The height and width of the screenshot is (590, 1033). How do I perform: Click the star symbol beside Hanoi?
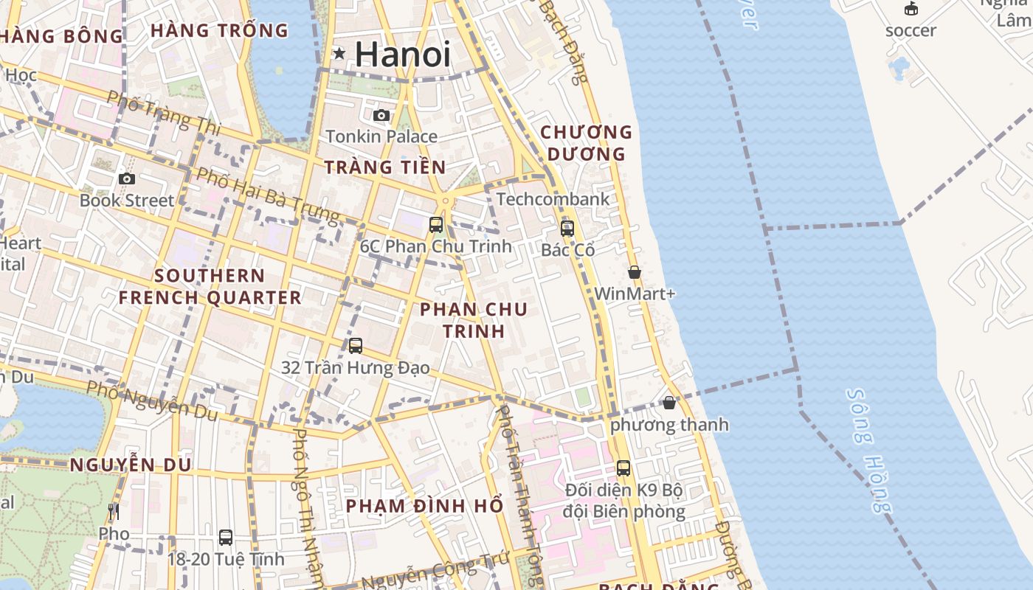tap(339, 53)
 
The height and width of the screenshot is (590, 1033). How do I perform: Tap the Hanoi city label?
tap(402, 55)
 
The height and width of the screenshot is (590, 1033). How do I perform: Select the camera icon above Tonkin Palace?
tap(381, 115)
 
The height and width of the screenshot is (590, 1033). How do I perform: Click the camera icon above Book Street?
tap(127, 178)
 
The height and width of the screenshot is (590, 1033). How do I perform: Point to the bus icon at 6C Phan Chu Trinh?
tap(436, 224)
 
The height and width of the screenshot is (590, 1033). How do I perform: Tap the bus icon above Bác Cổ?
tap(567, 229)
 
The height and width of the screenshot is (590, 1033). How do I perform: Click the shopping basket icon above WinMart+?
tap(634, 272)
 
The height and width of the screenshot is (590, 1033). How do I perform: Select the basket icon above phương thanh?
tap(669, 403)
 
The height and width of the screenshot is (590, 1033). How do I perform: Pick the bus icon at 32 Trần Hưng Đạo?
tap(356, 345)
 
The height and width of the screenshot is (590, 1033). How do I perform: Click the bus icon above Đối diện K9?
tap(623, 468)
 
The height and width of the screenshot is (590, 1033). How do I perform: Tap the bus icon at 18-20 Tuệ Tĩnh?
tap(226, 537)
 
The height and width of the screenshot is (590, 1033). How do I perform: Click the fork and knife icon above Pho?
tap(114, 511)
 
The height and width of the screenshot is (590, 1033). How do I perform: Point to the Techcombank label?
tap(553, 199)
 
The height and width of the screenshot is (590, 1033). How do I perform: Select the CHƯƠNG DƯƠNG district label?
tap(586, 143)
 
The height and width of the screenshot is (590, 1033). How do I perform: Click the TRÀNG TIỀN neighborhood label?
tap(385, 167)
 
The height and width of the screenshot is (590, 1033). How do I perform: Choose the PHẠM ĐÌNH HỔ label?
tap(424, 506)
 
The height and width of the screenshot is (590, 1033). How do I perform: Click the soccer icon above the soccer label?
tap(911, 9)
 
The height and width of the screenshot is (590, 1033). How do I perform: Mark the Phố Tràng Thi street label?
tap(163, 113)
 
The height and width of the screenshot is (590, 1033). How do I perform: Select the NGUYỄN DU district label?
tap(131, 465)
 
